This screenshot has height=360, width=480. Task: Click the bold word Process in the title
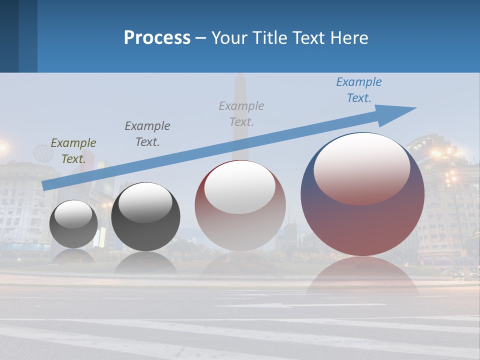pos(157,38)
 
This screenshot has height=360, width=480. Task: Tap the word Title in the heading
pos(268,38)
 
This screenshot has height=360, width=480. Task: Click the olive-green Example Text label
pos(73,151)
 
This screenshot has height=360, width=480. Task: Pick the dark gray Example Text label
pos(147,134)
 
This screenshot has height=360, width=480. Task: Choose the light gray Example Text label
pos(241,113)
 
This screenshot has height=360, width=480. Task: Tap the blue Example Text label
pos(359,90)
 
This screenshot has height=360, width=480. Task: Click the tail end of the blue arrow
pos(46,185)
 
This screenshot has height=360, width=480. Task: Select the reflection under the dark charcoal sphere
pos(145,262)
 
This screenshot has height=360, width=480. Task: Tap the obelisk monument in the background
pos(240,115)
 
